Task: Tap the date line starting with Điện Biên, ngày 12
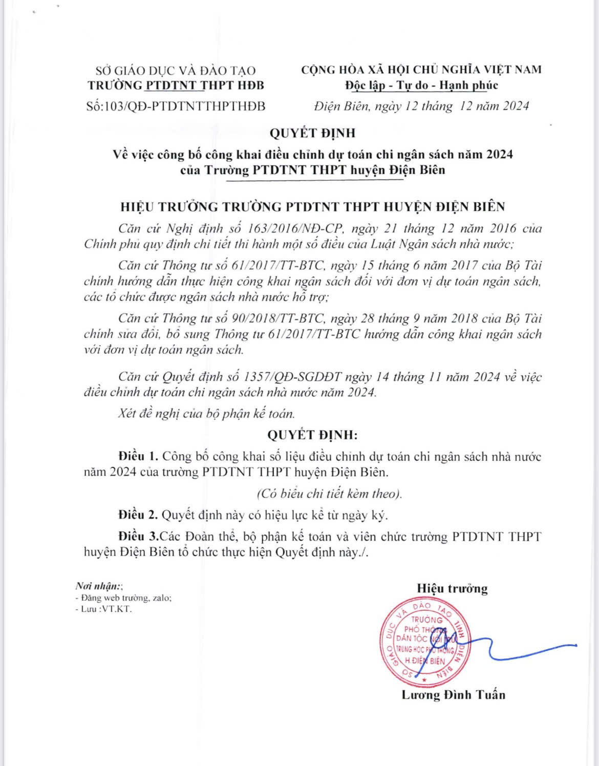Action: (x=421, y=106)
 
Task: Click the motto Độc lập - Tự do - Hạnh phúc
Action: (x=421, y=85)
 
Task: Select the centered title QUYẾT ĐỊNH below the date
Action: (x=312, y=133)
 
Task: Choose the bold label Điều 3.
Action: (x=139, y=537)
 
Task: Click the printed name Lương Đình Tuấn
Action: (x=453, y=695)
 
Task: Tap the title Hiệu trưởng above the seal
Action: (x=452, y=588)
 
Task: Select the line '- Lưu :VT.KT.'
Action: (x=103, y=609)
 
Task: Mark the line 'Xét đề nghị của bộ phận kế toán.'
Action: (x=206, y=413)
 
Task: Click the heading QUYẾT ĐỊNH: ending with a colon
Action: (x=312, y=435)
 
